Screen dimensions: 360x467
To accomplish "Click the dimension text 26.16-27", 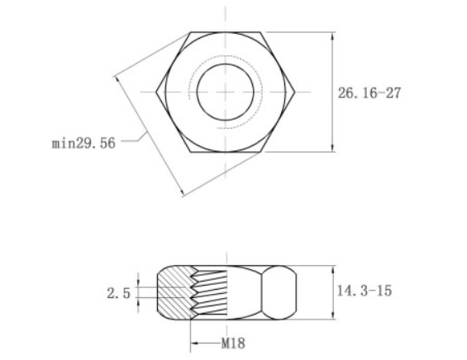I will (x=369, y=92).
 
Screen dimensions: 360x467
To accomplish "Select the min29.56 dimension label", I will (x=83, y=143).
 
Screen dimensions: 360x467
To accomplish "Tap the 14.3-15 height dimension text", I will (x=365, y=291).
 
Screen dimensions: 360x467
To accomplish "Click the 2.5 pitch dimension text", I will (x=119, y=292).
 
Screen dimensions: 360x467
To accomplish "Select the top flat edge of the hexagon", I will (x=226, y=33).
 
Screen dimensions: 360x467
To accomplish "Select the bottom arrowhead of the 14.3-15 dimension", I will (x=333, y=317).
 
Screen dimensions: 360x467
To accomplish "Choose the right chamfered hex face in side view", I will (x=281, y=293).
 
